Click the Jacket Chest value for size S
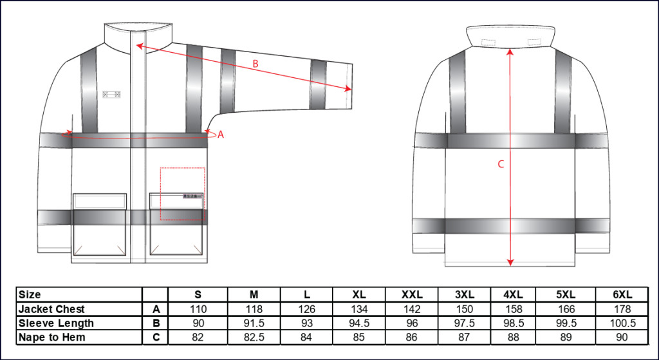point(198,309)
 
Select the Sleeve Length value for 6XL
point(622,323)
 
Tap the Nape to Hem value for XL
point(359,337)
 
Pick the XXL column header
point(411,294)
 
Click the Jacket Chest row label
point(51,309)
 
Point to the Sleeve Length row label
point(56,323)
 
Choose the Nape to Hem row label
point(51,337)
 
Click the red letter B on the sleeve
point(255,64)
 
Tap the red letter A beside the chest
point(221,135)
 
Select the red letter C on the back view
point(501,164)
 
